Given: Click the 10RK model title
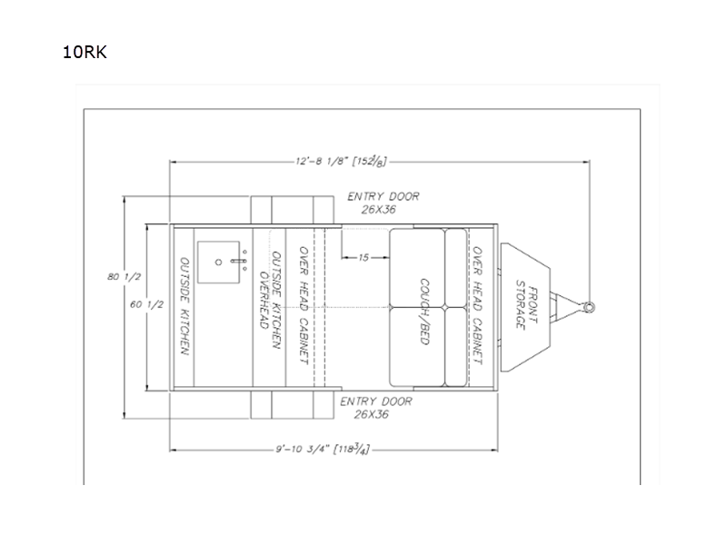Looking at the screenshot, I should [85, 52].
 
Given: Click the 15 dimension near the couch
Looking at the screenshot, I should [364, 257].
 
